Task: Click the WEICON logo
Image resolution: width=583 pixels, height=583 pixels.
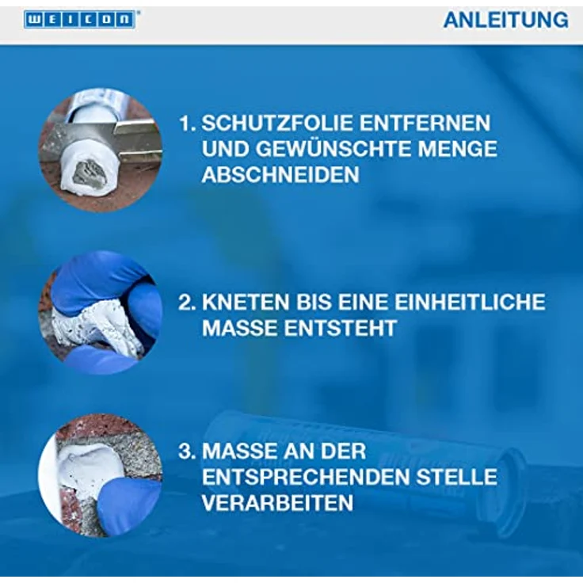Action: point(79,20)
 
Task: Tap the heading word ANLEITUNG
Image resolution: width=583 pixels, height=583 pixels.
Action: point(505,20)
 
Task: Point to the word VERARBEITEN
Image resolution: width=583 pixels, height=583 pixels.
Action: point(277,503)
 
